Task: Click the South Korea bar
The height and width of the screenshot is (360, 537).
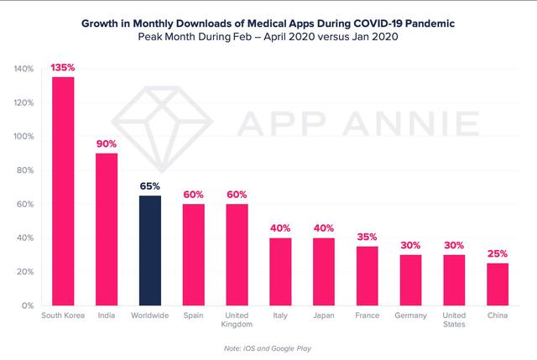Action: pyautogui.click(x=63, y=191)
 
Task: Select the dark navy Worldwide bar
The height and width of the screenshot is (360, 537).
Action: pyautogui.click(x=149, y=250)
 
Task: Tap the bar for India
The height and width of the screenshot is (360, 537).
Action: pyautogui.click(x=107, y=229)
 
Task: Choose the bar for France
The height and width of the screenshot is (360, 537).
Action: pyautogui.click(x=366, y=276)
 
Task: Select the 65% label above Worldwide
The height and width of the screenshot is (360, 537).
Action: pyautogui.click(x=149, y=186)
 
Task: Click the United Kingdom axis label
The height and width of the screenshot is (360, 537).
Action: pyautogui.click(x=236, y=321)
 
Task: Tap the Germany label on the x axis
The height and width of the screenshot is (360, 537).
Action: pyautogui.click(x=409, y=316)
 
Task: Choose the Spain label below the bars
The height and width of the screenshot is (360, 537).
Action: pyautogui.click(x=193, y=316)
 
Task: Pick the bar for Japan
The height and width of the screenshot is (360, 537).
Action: pyautogui.click(x=322, y=272)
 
